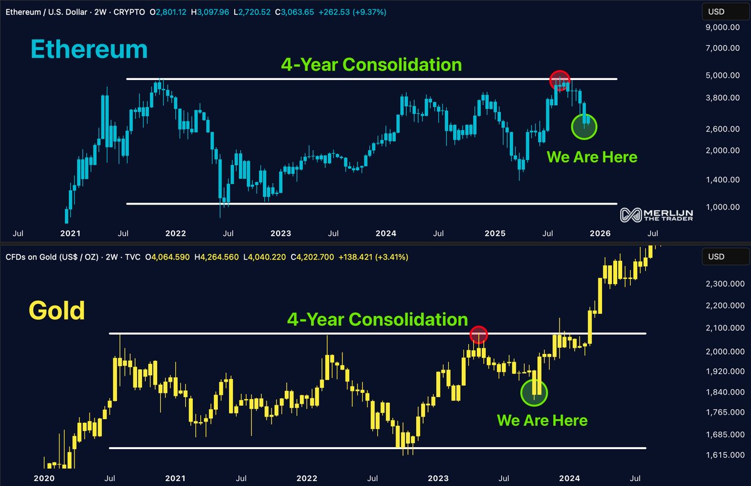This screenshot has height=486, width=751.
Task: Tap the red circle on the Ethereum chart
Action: [559, 79]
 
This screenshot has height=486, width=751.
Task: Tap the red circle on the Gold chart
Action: [479, 335]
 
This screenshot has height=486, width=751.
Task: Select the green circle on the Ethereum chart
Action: [585, 126]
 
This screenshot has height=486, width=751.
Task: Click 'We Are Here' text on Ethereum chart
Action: [591, 157]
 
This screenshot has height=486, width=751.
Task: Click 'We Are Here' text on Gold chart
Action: [542, 420]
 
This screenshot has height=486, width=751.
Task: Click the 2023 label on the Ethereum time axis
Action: [280, 233]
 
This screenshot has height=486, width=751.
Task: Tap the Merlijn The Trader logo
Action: [656, 215]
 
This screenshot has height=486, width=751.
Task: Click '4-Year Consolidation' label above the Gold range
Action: [377, 319]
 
